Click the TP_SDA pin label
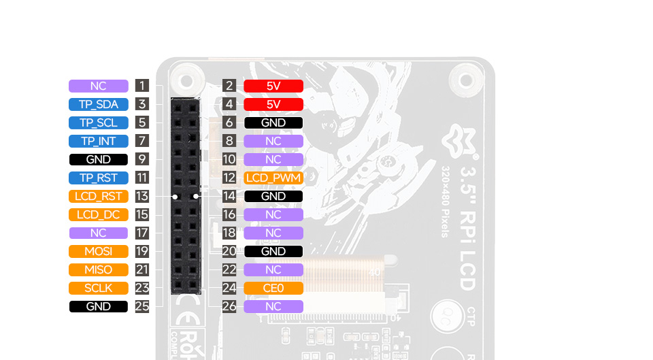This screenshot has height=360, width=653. (x=98, y=104)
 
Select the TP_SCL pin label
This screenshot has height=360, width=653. (x=98, y=122)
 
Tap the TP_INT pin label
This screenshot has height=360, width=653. (x=98, y=141)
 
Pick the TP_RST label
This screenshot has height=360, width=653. (x=98, y=178)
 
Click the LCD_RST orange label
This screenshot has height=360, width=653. (x=98, y=196)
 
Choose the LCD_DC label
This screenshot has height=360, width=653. (x=98, y=214)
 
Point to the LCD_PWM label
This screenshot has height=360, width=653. (x=273, y=178)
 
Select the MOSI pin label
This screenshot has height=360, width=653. (x=98, y=251)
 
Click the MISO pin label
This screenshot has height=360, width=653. (x=98, y=269)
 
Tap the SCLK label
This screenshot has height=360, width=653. (x=98, y=288)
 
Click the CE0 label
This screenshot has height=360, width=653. (x=273, y=288)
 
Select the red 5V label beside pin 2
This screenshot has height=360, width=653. (x=273, y=86)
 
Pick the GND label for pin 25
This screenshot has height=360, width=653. (x=98, y=306)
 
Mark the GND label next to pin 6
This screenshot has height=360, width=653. (x=273, y=122)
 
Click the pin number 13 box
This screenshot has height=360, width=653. (x=141, y=196)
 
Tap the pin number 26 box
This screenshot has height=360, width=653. (x=229, y=306)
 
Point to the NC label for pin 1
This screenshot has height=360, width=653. (x=98, y=86)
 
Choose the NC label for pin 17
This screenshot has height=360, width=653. (x=98, y=233)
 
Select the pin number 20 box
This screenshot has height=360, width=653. (x=229, y=251)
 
